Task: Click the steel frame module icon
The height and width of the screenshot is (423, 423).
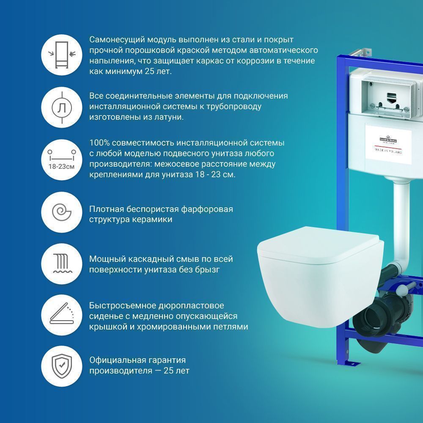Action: coord(61,55)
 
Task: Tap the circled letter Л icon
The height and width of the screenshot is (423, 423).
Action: coord(62,107)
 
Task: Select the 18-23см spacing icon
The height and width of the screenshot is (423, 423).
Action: coord(61,159)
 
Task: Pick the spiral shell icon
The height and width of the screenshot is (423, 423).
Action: coord(61,212)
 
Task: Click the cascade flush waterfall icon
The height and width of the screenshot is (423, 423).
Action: coord(62,263)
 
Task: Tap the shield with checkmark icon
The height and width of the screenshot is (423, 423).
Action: coord(62,366)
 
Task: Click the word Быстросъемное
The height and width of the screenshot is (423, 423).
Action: coord(123,306)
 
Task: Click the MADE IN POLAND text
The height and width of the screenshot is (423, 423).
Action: coord(388,151)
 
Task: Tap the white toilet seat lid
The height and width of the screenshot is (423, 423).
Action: coord(320,244)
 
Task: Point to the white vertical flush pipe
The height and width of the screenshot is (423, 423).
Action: coord(401,227)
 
